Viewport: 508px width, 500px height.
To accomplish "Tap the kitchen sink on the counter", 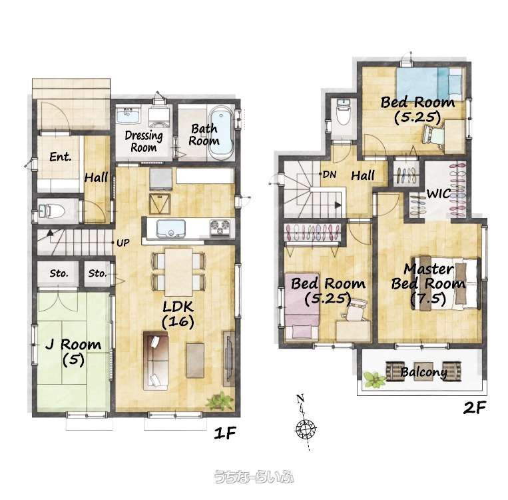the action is [171, 229].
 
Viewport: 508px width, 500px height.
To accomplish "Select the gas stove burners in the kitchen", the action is [220, 227].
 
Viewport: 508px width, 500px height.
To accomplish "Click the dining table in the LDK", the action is [178, 271].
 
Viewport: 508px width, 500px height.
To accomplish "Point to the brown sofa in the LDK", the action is [156, 360].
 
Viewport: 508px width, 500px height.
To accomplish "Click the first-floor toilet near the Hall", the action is [52, 211].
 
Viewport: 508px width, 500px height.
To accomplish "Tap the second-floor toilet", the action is [344, 111].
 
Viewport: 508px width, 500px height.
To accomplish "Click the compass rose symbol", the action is [305, 429].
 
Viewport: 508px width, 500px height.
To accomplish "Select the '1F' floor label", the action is [225, 433].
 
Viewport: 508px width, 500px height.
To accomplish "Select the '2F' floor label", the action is [475, 407].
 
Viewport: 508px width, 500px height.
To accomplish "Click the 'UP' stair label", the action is [123, 243].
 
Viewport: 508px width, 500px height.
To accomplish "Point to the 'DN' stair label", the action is [330, 175].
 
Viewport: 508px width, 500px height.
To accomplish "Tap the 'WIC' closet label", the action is [438, 194].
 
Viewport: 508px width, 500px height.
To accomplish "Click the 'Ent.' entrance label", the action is [61, 157].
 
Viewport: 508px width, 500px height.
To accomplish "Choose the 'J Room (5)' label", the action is [73, 352].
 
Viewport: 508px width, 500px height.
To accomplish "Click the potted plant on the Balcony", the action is [375, 379].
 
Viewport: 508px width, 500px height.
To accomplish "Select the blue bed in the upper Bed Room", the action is [429, 84].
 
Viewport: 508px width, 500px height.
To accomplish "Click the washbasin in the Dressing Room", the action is [128, 115].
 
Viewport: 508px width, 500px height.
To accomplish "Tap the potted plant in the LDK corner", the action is [220, 401].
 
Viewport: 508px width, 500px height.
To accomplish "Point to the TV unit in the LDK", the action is [229, 359].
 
